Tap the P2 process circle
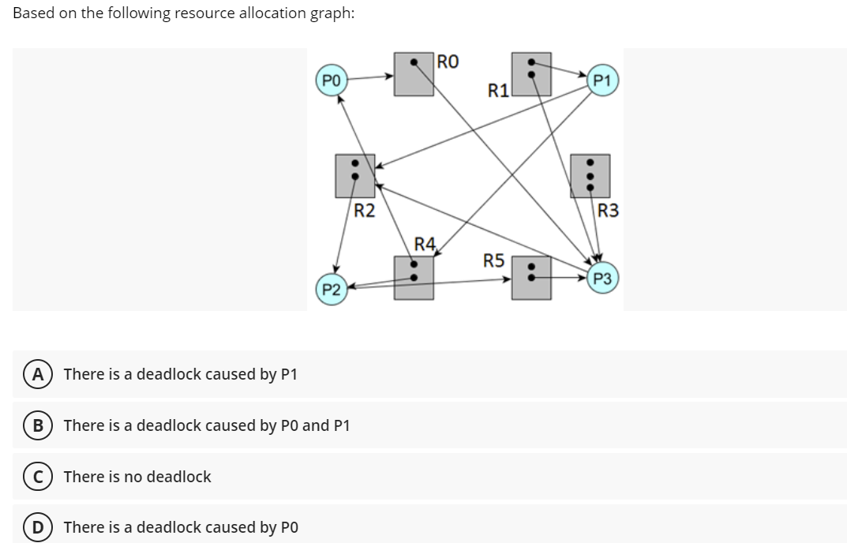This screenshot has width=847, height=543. [332, 289]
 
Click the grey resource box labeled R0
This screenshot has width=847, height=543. [414, 74]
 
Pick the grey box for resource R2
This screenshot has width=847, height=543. [355, 175]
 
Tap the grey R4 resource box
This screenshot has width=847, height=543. [414, 278]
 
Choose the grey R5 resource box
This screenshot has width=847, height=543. [531, 278]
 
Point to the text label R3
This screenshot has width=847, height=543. [609, 211]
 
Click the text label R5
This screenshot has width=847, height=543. [494, 260]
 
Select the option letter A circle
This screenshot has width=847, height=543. [38, 374]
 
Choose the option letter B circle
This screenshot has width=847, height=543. [38, 425]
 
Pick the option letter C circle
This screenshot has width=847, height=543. [38, 477]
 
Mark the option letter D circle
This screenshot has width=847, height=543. [38, 527]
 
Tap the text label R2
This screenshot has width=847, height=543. [365, 211]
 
